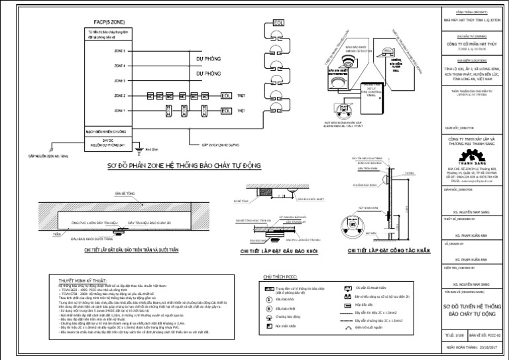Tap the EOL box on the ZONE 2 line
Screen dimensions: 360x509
coord(226,97)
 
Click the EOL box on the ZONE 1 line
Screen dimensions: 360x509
coord(226,110)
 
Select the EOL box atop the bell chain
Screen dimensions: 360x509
coord(279,23)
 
